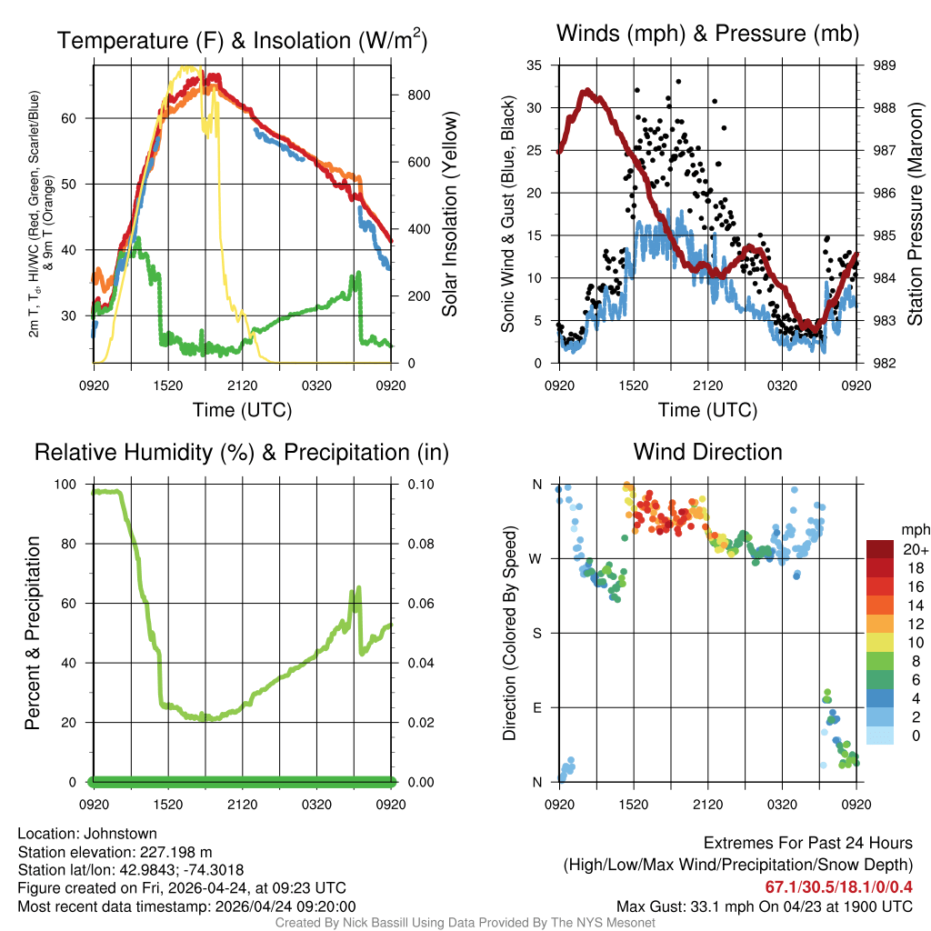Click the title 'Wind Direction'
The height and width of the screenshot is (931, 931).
(x=707, y=452)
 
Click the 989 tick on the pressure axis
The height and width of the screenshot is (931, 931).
(x=884, y=65)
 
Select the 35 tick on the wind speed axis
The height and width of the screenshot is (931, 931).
(x=536, y=65)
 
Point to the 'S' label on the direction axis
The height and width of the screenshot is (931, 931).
(x=536, y=633)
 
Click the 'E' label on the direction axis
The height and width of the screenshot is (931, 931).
(x=536, y=707)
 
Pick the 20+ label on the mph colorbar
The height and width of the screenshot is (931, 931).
(x=916, y=550)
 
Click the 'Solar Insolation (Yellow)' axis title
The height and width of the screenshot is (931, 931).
(x=450, y=214)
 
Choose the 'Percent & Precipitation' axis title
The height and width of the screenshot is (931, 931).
(x=32, y=633)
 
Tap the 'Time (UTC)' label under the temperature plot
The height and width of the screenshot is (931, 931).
(x=242, y=410)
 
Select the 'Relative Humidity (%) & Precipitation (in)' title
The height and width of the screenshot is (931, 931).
(x=242, y=452)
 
